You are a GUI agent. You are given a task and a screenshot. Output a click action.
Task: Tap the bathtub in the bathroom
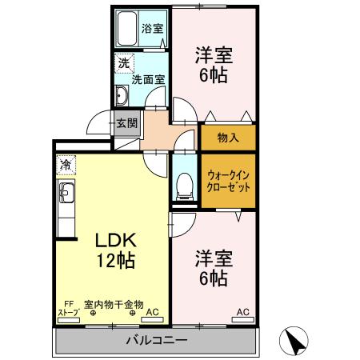(126, 30)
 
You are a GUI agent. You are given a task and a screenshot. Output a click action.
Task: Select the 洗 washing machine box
(123, 62)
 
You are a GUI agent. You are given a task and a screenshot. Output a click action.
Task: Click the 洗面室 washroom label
(148, 79)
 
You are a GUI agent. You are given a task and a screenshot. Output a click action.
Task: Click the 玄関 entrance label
(126, 123)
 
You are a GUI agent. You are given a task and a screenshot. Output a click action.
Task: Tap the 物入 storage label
(228, 138)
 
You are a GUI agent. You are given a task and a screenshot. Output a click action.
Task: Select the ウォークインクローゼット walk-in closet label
(228, 180)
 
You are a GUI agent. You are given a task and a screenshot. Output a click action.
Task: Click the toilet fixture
(183, 186)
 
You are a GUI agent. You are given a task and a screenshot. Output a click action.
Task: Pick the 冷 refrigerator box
(65, 166)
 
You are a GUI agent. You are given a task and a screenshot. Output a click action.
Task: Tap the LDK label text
(117, 240)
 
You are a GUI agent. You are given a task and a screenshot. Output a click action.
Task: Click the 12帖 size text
(117, 260)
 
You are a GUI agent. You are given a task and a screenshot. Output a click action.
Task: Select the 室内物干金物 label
(114, 304)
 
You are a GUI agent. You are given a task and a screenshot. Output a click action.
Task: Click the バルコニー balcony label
(157, 341)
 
